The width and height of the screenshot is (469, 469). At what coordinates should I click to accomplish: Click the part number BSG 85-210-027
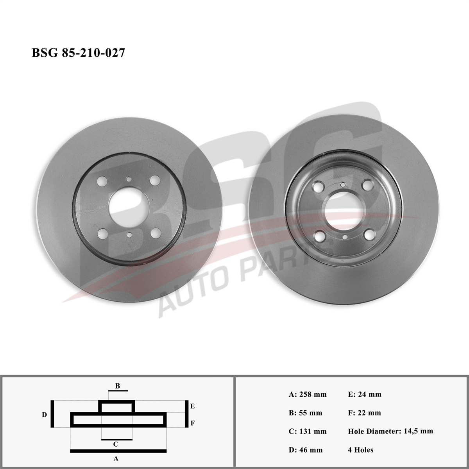tap(78, 53)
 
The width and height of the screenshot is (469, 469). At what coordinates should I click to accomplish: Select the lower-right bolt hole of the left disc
tap(156, 233)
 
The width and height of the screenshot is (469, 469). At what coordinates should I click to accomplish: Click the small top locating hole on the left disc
tap(129, 179)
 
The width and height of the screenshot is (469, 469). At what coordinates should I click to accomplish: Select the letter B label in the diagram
tap(118, 386)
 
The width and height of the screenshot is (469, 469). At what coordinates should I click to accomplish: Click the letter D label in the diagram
tap(44, 415)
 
